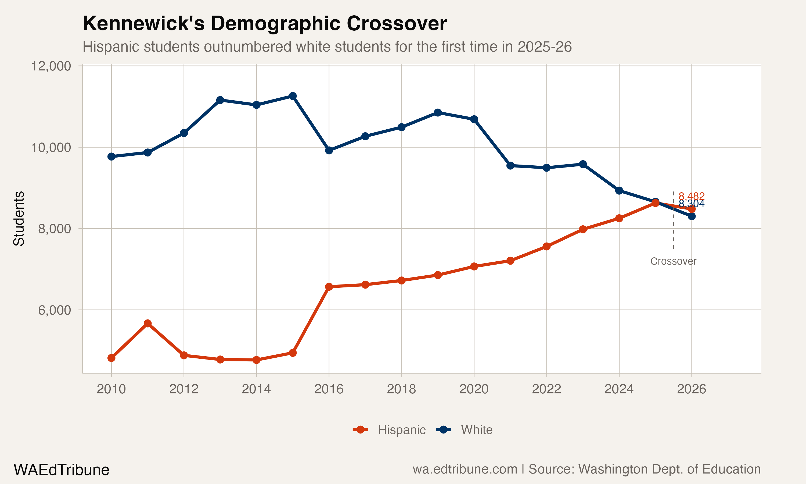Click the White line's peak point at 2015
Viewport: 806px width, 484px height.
[293, 96]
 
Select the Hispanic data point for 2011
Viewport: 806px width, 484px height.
[147, 323]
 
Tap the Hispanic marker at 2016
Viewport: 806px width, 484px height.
[329, 287]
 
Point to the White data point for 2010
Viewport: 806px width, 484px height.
[111, 156]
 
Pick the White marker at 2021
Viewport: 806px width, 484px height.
[510, 166]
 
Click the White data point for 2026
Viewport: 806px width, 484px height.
[692, 216]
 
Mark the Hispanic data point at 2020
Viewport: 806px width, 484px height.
[474, 266]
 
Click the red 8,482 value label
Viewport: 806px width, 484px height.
[691, 196]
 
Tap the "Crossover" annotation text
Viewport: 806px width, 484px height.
[673, 261]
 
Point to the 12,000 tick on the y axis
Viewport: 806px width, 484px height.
[51, 66]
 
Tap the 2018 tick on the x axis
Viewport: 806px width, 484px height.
[401, 389]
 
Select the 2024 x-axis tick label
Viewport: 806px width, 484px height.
[619, 389]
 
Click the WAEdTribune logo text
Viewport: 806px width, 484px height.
[61, 470]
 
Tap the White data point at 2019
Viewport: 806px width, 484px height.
[438, 112]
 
